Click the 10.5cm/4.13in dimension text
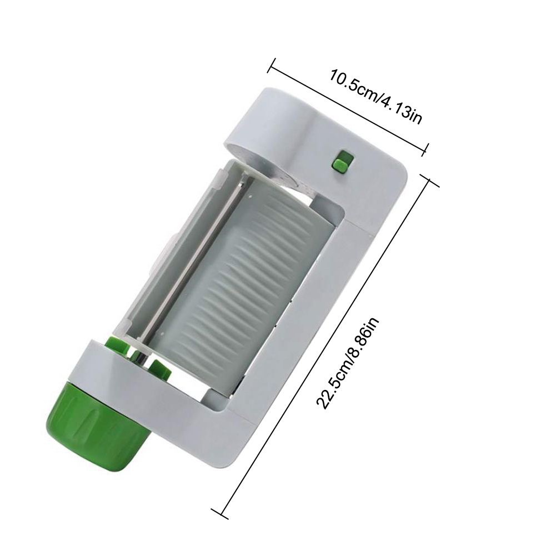(376, 97)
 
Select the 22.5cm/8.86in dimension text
(348, 363)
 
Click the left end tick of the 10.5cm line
(272, 65)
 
